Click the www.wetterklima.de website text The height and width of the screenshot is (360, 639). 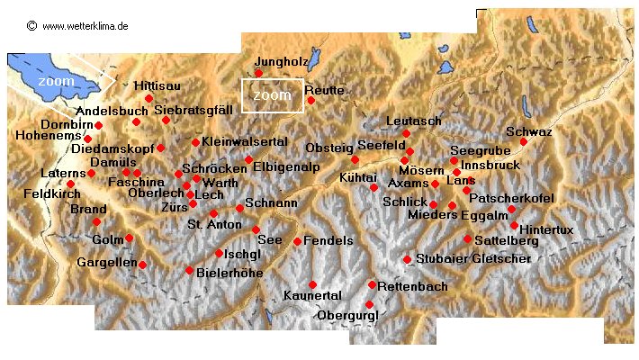pos(85,26)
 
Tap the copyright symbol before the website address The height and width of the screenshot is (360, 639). pos(32,26)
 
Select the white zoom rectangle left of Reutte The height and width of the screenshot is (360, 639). pos(272,95)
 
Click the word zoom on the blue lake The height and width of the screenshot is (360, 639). pos(57,80)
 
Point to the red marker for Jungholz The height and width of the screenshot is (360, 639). pos(258,73)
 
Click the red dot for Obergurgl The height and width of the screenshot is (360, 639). pos(369,304)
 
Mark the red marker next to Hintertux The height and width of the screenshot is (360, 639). pos(514,225)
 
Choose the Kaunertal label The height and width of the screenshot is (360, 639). pos(311,296)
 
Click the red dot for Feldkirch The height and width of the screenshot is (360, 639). pos(70,184)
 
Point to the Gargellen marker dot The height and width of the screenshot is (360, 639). pos(141,265)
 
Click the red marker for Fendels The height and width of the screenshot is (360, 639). pos(297,241)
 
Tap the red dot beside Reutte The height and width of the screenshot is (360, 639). pos(311,100)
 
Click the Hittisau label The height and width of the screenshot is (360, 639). pos(157,85)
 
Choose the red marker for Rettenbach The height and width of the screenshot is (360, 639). pos(372,284)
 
